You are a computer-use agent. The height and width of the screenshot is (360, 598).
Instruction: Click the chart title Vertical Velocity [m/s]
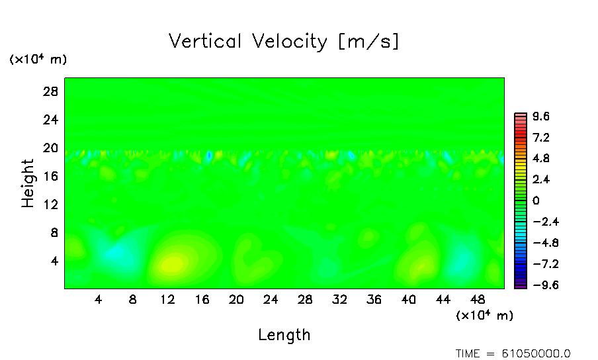284,42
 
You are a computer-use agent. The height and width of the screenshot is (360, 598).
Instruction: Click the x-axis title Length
284,335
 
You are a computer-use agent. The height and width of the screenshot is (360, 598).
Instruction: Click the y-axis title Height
28,183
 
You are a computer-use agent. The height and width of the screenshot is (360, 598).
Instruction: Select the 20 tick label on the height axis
51,148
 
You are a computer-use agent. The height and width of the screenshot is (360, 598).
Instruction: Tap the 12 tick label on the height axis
51,204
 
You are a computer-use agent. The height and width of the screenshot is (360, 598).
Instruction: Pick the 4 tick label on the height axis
54,261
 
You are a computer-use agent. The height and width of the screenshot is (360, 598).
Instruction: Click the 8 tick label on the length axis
132,299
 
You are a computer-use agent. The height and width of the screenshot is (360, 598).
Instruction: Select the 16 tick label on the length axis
202,299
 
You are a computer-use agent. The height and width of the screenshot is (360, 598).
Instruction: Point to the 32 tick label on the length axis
339,299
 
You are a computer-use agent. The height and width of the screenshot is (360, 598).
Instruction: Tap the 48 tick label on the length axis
477,299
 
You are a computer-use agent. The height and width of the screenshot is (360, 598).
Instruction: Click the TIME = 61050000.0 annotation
513,353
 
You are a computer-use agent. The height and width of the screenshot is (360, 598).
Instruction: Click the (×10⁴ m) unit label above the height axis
38,60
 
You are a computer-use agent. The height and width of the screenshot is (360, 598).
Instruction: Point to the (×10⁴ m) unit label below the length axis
484,316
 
